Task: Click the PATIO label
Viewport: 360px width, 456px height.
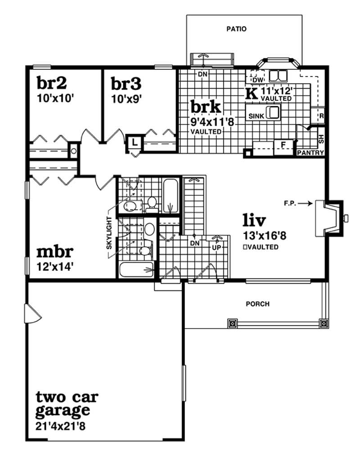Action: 237,29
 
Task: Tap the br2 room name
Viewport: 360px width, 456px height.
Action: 52,83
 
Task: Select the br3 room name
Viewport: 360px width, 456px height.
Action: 126,83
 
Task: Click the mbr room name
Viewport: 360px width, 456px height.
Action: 55,251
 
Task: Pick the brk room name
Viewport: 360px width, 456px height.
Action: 206,107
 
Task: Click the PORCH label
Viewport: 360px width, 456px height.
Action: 258,304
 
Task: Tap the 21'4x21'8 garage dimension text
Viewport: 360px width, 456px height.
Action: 61,425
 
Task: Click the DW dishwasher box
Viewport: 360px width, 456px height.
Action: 257,80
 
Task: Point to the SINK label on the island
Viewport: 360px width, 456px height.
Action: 256,116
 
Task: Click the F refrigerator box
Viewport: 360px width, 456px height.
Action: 283,144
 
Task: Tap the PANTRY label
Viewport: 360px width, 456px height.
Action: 310,153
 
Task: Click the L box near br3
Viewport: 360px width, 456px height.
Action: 135,143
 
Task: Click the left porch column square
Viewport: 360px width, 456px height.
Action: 232,323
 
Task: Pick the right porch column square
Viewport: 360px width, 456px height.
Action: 323,323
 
